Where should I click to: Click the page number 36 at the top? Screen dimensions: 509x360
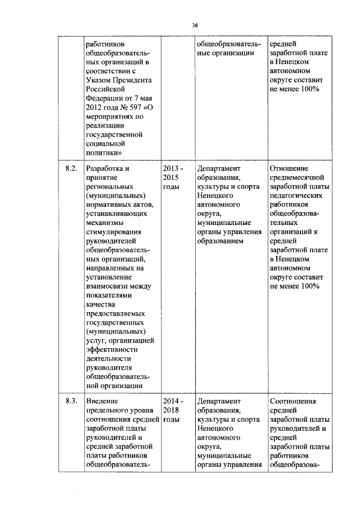coord(195,25)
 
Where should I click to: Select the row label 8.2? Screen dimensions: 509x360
coord(71,168)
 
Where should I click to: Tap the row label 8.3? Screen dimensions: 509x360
coord(71,401)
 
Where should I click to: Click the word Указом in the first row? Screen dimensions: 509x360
coord(97,80)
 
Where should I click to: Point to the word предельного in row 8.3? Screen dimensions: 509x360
coord(109,410)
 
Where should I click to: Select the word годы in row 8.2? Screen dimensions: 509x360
coord(171,186)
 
